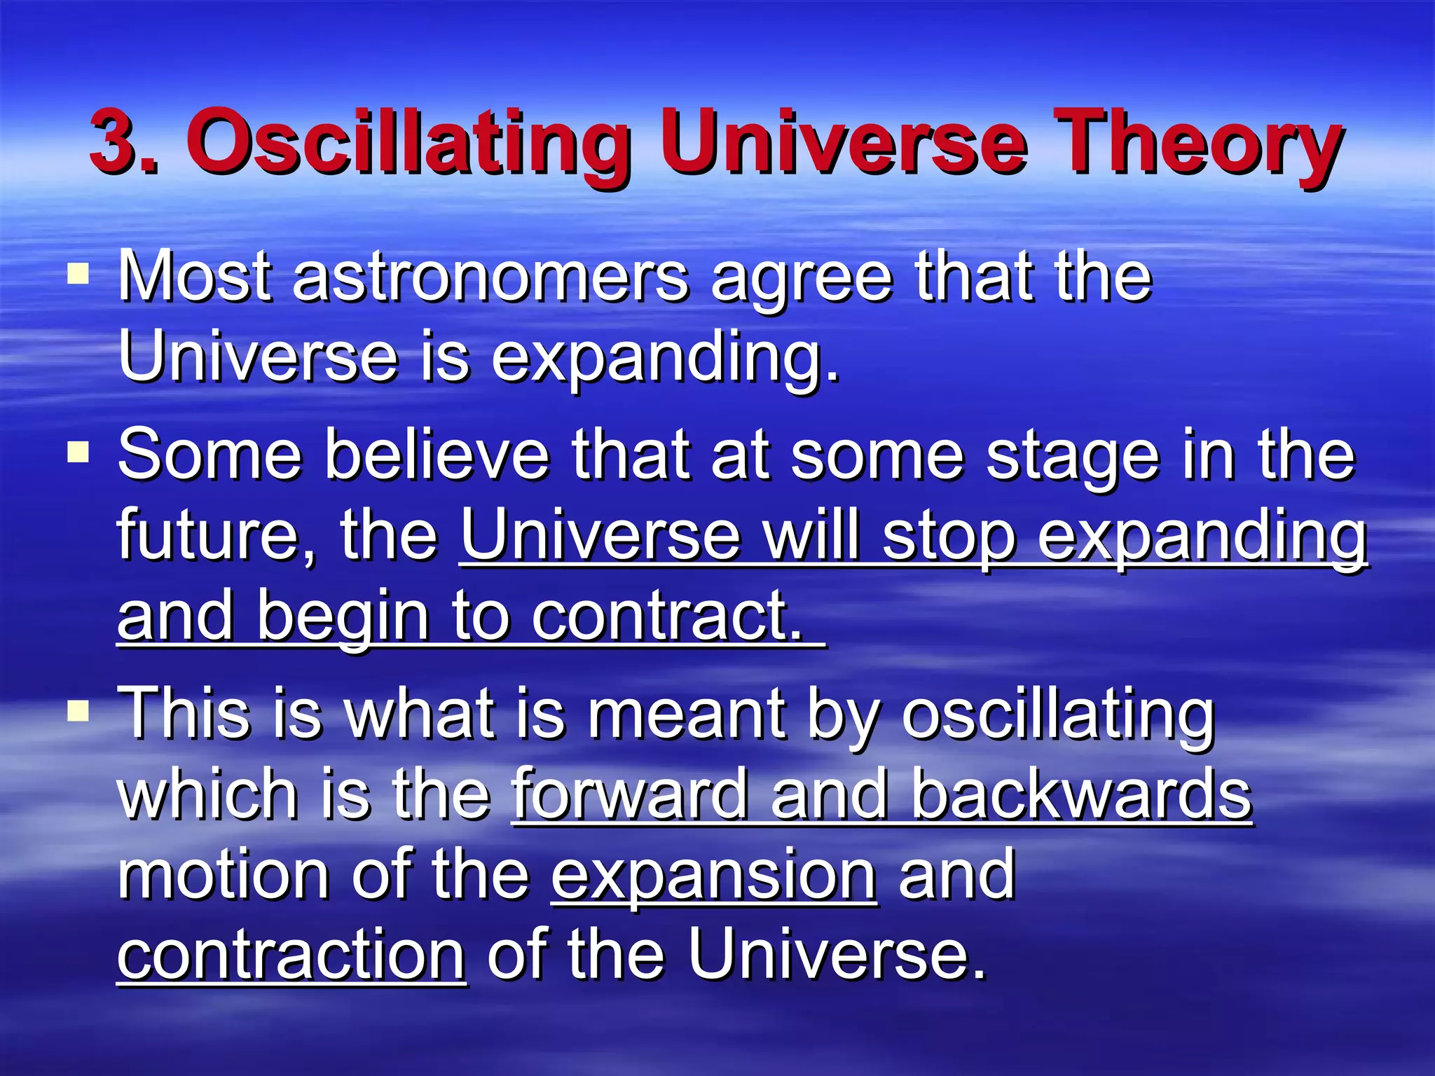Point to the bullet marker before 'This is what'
pos(78,712)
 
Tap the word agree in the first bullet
pos(802,280)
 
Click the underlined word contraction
pos(291,956)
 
